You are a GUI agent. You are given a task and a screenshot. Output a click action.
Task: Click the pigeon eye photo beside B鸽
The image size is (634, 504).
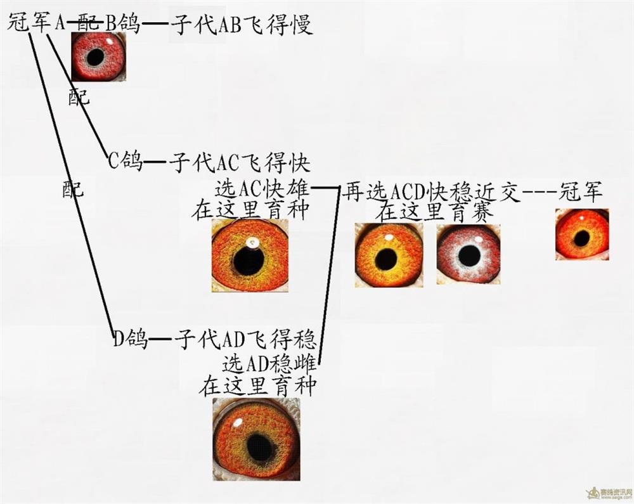(x=98, y=57)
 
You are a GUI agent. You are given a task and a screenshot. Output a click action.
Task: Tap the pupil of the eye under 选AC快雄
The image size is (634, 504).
(x=248, y=261)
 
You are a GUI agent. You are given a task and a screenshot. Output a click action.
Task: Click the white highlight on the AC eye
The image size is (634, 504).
(x=254, y=243)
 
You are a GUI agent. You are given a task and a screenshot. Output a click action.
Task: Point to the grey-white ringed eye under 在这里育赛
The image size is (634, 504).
(x=469, y=255)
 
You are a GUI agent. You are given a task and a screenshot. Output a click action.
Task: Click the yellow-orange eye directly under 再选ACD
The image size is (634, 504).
(x=389, y=255)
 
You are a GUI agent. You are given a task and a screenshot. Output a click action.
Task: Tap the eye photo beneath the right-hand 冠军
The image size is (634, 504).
(x=582, y=235)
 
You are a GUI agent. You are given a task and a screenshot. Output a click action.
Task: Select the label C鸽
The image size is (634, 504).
(x=126, y=160)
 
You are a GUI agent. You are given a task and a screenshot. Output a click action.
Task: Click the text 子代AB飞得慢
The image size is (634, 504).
(x=242, y=25)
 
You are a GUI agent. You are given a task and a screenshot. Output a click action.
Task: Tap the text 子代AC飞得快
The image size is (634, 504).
(x=240, y=162)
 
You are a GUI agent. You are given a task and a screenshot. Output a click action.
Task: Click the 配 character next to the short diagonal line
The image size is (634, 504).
(x=79, y=97)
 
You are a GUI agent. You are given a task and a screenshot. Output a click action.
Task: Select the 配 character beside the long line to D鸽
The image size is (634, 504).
(x=73, y=188)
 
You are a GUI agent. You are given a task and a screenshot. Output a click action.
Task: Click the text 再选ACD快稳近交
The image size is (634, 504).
(x=430, y=191)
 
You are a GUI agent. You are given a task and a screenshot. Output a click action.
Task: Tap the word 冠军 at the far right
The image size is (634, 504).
(x=581, y=191)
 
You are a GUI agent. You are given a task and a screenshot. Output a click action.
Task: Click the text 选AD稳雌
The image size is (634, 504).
(x=269, y=364)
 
